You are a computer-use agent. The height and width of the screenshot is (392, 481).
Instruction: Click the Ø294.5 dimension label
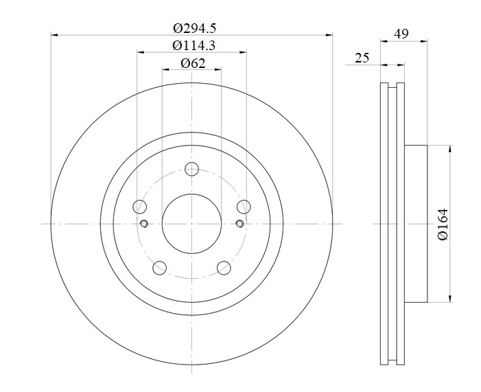(x=194, y=29)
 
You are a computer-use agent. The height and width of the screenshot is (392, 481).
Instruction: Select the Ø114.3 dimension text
(x=194, y=46)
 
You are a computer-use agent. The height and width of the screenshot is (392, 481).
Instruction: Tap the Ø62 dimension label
(x=193, y=64)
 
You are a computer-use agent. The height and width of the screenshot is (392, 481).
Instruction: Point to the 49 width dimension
(x=401, y=34)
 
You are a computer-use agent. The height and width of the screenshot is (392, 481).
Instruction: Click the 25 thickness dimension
(x=362, y=58)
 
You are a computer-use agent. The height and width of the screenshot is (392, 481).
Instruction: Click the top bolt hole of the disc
(x=191, y=169)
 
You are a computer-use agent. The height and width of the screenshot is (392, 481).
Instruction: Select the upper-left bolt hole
(x=139, y=206)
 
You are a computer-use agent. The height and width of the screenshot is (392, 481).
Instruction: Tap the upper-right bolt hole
(x=244, y=206)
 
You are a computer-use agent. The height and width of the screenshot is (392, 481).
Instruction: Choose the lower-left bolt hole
(x=159, y=268)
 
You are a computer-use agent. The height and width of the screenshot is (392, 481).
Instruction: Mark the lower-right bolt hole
(x=224, y=268)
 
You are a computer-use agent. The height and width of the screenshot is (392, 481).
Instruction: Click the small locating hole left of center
(x=144, y=224)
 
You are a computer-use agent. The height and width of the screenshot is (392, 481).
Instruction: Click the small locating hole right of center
(x=240, y=224)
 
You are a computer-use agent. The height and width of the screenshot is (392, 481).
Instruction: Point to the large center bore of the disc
(x=191, y=224)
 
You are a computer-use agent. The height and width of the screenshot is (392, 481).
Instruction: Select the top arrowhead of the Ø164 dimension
(x=450, y=149)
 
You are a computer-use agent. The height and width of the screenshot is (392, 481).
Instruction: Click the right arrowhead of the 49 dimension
(x=424, y=41)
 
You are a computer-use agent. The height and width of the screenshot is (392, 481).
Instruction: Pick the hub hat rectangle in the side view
(x=416, y=224)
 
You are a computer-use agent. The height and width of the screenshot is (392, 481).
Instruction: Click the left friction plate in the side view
(x=384, y=224)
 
